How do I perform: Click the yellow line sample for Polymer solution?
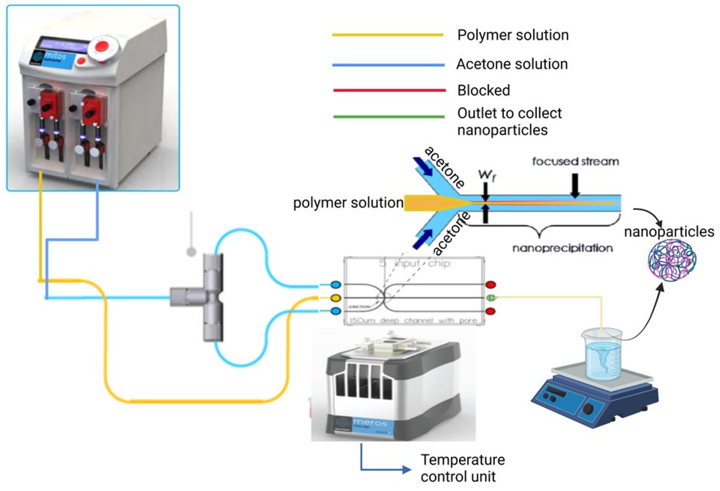point(387,35)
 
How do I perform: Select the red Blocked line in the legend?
point(389,90)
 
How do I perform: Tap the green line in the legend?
point(389,117)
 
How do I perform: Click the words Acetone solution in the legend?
point(512,64)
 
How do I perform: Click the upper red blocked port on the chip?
point(490,284)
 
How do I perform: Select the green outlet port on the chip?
point(490,298)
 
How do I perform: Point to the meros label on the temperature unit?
point(370,423)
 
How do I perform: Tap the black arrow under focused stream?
point(575,185)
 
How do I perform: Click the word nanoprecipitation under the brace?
point(562,248)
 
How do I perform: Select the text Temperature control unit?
point(462,468)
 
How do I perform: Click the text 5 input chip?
point(414,264)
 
